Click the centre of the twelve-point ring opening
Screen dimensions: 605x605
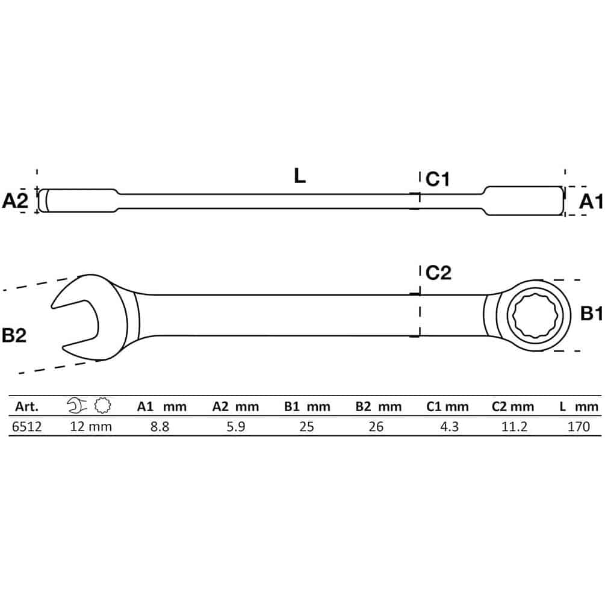tap(536, 315)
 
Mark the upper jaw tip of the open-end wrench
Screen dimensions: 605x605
tap(52, 307)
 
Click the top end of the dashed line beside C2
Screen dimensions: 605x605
tap(420, 265)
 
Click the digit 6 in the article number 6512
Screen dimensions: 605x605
tap(15, 427)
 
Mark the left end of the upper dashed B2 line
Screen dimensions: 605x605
tap(3, 290)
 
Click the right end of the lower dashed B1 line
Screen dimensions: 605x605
tap(580, 351)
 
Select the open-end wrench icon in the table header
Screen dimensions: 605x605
tap(76, 405)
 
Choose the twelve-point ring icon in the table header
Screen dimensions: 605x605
tap(102, 405)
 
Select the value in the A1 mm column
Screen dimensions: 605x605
tap(160, 427)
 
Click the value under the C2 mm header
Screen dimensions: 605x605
tap(514, 427)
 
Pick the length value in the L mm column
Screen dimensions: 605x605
tap(579, 427)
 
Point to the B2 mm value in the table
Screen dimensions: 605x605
tap(376, 427)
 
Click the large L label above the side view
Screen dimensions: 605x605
tap(300, 176)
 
